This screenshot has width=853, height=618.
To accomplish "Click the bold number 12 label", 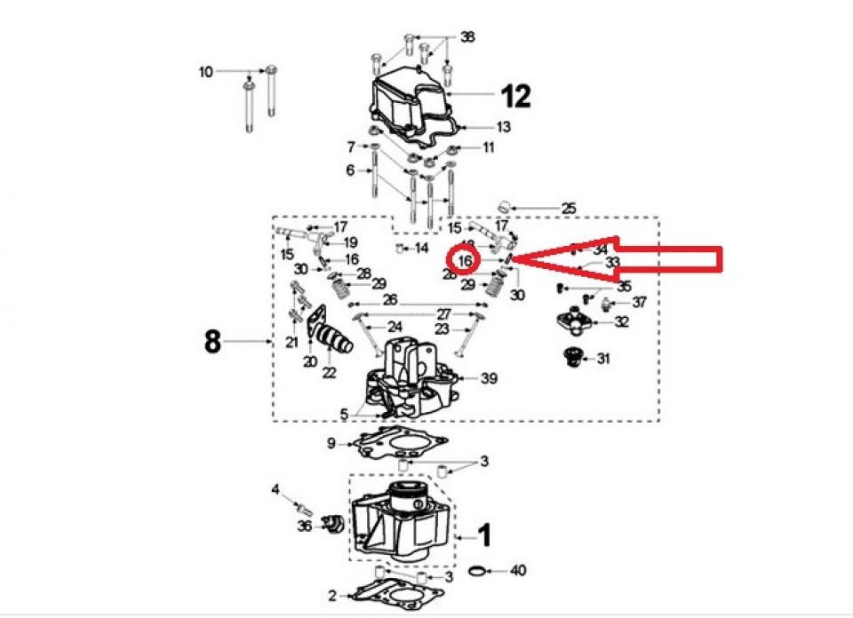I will (515, 95).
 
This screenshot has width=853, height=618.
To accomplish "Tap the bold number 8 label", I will (212, 341).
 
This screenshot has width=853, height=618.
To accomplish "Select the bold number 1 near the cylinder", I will (484, 535).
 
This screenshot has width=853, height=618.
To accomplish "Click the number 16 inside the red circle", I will (465, 260).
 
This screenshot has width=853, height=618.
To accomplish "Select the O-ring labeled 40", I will (476, 570).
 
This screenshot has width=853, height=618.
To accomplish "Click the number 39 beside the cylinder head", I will (489, 379).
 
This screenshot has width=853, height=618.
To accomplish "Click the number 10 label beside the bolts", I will (206, 71).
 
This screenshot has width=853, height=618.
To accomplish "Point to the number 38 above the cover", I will (467, 38).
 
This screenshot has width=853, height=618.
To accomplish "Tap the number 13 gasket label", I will (503, 127).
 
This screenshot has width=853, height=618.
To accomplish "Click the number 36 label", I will (305, 527).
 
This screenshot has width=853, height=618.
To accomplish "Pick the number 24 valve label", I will (395, 327).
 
